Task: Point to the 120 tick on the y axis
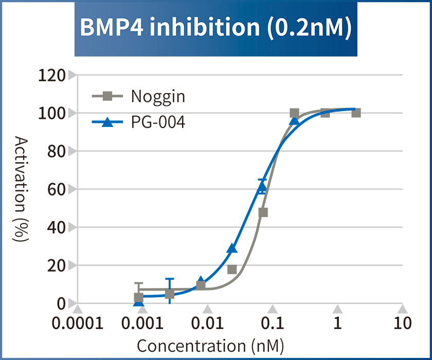[x=52, y=75]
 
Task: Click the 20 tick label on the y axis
[x=58, y=265]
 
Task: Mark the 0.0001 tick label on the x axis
[x=78, y=323]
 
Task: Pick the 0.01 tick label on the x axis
[x=207, y=323]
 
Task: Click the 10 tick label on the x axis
[x=403, y=323]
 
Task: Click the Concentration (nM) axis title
[x=210, y=346]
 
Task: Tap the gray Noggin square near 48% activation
[x=263, y=212]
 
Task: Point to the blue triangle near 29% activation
[x=232, y=248]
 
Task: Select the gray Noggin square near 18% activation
[x=232, y=269]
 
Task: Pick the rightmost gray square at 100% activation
[x=356, y=113]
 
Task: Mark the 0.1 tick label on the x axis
[x=272, y=323]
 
